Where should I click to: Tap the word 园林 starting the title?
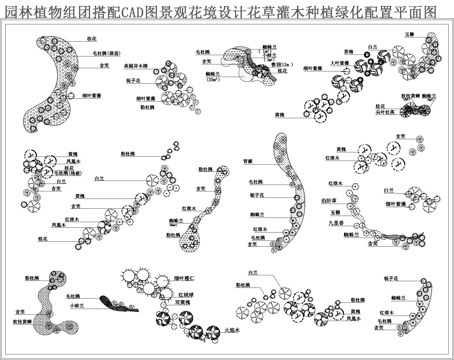16,13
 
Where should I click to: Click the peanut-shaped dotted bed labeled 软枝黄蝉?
46,305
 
